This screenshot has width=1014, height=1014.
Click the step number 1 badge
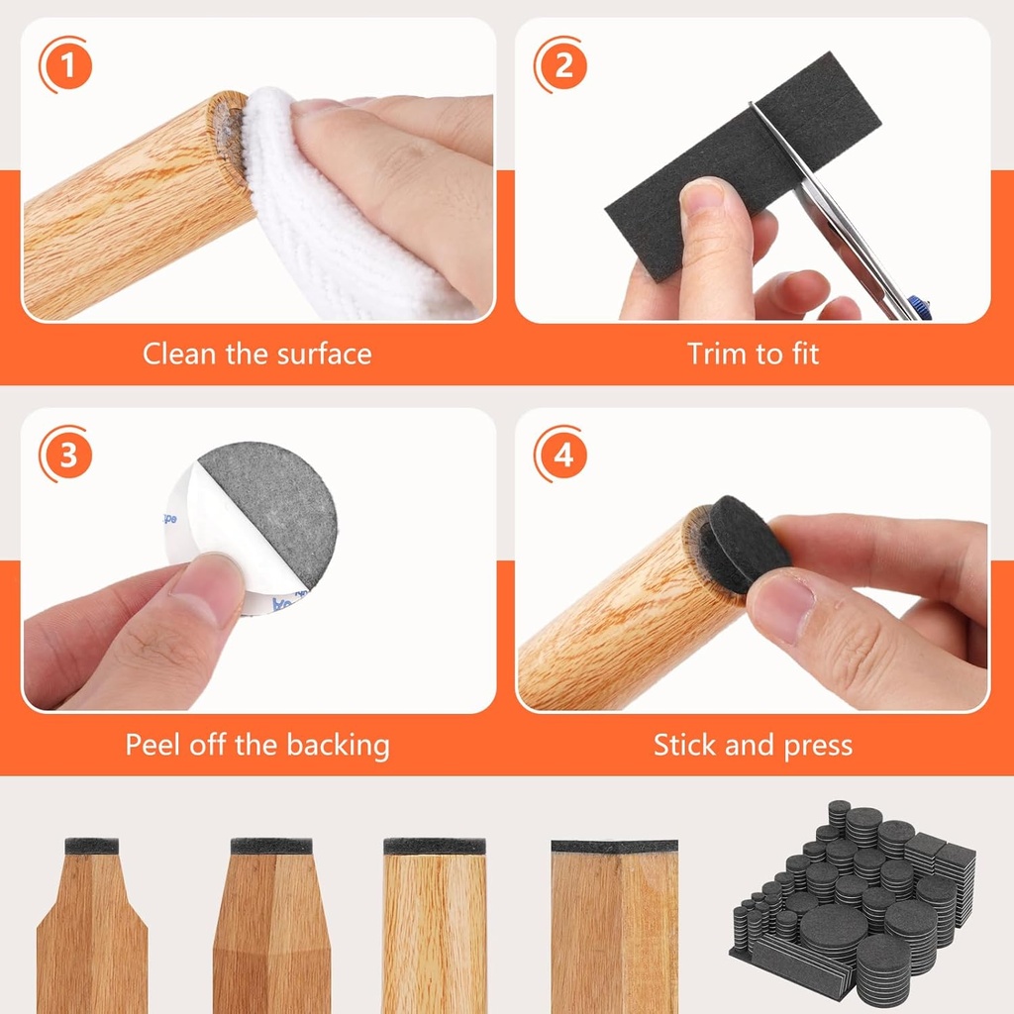pyautogui.click(x=66, y=66)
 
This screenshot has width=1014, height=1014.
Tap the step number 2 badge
pyautogui.click(x=561, y=66)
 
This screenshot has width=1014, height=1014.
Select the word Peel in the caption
pyautogui.click(x=152, y=745)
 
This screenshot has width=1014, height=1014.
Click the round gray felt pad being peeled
pyautogui.click(x=272, y=510)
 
